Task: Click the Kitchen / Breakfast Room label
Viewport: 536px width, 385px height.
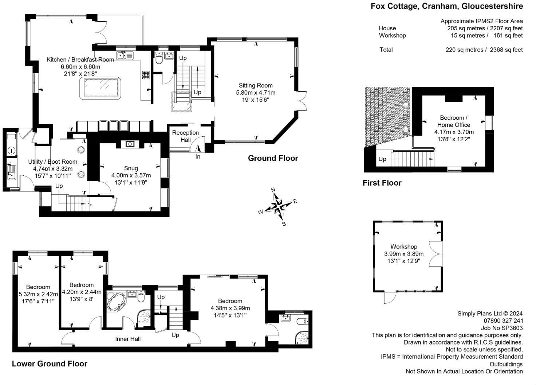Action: tap(80, 59)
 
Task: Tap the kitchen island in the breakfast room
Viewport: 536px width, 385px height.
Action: tap(100, 88)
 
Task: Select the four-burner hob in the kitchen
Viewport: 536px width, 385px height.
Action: tap(146, 75)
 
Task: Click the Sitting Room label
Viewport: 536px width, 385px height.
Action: tap(256, 86)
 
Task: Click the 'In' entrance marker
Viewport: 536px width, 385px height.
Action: tap(198, 157)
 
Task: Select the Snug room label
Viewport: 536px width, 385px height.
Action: tap(131, 168)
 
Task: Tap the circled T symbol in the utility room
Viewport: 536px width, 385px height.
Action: tap(12, 151)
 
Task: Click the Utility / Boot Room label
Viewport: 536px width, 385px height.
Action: tap(53, 162)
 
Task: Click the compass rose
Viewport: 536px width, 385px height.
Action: tap(278, 206)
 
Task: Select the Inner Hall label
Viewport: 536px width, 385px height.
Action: tap(128, 339)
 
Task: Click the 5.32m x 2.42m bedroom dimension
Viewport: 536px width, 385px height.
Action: tap(38, 294)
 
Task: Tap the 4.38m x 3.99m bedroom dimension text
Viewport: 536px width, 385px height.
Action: tap(230, 308)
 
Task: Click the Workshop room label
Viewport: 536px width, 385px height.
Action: tap(404, 247)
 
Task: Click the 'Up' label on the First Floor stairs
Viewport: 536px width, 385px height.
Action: tap(382, 159)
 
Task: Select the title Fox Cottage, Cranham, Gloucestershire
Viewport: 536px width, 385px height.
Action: tap(447, 6)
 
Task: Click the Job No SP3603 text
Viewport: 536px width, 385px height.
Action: tap(502, 328)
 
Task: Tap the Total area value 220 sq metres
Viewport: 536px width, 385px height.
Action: tap(466, 50)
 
